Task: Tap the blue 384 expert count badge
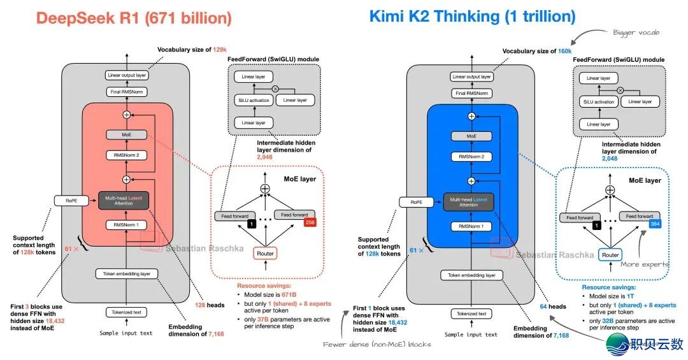654,223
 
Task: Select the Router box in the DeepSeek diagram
266,254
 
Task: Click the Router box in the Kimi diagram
610,255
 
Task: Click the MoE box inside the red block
125,135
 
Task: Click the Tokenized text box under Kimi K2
471,313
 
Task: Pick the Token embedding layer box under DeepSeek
126,274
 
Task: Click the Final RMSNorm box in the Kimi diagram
471,94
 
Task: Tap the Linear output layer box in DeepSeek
126,76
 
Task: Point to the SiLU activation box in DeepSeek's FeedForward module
254,101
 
